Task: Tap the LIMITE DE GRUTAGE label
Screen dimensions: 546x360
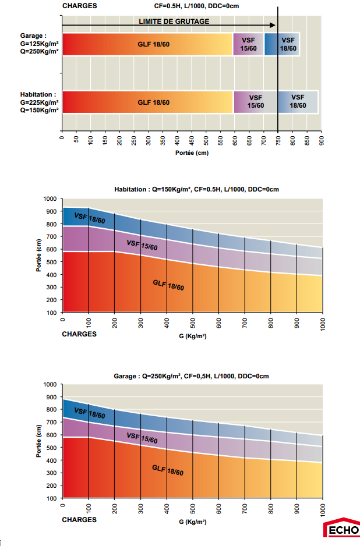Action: pos(174,22)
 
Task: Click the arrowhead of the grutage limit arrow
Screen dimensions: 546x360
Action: pos(273,26)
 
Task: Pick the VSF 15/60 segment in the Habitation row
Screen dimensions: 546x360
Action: pos(256,102)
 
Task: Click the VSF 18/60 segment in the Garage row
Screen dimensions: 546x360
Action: pos(288,44)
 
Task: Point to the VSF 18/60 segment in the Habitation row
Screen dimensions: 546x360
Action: pos(298,102)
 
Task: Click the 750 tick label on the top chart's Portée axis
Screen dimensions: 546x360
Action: pos(278,141)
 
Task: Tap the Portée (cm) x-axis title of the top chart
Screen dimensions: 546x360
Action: pos(191,153)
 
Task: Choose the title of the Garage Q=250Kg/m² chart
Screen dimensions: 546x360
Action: pos(191,376)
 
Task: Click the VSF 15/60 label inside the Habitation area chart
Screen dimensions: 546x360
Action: pos(142,246)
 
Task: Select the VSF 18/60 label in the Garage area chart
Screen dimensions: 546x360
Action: pos(90,414)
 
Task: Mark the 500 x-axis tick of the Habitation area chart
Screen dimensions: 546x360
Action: pos(193,324)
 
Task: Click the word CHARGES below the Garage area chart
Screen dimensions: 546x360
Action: pos(79,520)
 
